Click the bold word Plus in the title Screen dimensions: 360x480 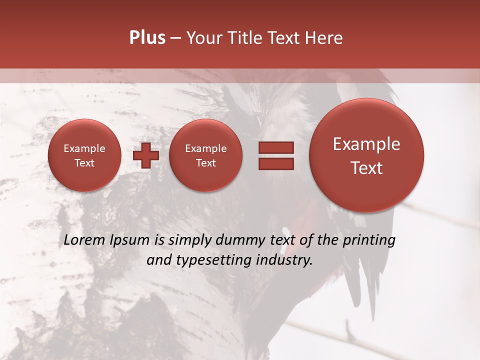pyautogui.click(x=147, y=38)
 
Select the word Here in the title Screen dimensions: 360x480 pyautogui.click(x=325, y=38)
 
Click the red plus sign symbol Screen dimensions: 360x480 pyautogui.click(x=145, y=155)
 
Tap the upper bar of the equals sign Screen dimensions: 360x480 pyautogui.click(x=276, y=147)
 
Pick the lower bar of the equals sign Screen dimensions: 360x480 pyautogui.click(x=276, y=164)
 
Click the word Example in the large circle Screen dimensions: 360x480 pyautogui.click(x=366, y=144)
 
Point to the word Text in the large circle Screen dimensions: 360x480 pyautogui.click(x=366, y=168)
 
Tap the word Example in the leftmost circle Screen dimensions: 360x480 pyautogui.click(x=84, y=148)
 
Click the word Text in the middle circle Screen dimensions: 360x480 pyautogui.click(x=205, y=163)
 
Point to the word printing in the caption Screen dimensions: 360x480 pyautogui.click(x=369, y=240)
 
